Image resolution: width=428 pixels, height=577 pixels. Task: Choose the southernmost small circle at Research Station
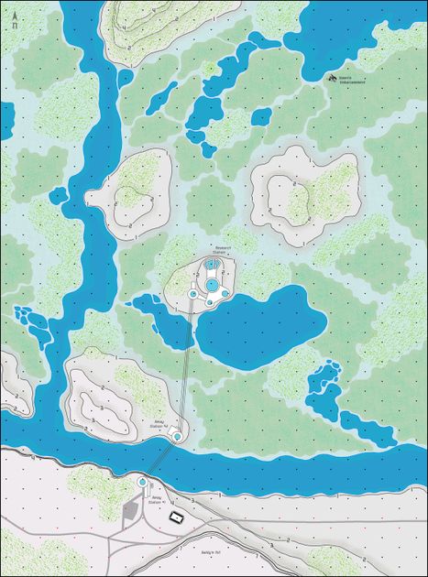point(210,301)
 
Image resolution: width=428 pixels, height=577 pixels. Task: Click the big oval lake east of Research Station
point(261,325)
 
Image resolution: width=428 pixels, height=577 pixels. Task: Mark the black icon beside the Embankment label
point(332,78)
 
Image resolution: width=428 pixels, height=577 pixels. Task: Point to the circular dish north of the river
point(177,436)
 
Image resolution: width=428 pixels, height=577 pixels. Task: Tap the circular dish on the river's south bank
point(142,482)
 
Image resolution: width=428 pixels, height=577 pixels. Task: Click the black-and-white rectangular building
point(177,517)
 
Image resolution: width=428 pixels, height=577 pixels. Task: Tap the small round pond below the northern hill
point(210,67)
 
